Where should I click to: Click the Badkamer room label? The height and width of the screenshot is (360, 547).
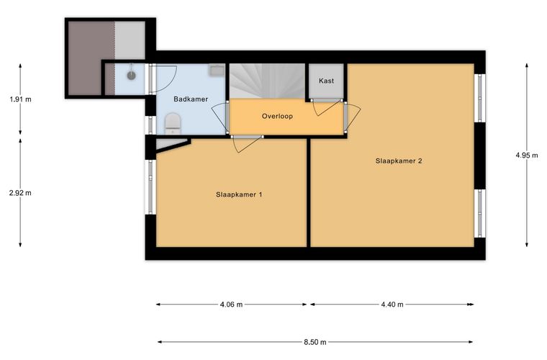(x=191, y=99)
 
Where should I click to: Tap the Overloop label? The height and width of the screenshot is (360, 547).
(x=277, y=116)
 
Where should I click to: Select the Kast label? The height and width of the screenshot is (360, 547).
(x=326, y=81)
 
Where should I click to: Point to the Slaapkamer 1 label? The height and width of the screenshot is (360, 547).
(x=239, y=194)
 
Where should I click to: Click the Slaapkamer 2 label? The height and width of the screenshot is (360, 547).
(x=399, y=161)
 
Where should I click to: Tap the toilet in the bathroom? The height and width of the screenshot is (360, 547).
(x=173, y=124)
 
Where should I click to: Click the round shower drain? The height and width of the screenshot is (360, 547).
(x=131, y=75)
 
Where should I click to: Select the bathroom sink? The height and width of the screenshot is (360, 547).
(x=217, y=70)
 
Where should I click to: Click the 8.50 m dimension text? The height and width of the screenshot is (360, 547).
(x=315, y=342)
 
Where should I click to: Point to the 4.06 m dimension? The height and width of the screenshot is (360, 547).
(x=231, y=305)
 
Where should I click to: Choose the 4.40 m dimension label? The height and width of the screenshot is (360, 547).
(x=392, y=305)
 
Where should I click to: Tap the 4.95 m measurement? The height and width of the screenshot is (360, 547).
(x=527, y=156)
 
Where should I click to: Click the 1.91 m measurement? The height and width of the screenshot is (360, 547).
(x=21, y=99)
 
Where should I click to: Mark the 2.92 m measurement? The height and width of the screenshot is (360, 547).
(x=20, y=193)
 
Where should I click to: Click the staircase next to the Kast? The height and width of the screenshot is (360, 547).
(x=267, y=81)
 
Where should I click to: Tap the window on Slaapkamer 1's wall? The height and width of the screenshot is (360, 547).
(x=150, y=186)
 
